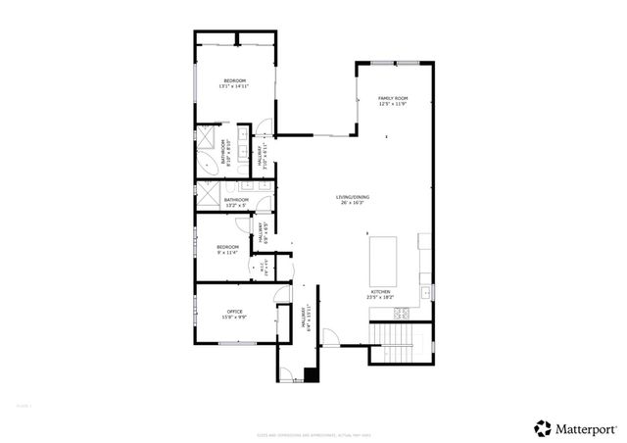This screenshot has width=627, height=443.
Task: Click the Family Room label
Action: (x=392, y=98)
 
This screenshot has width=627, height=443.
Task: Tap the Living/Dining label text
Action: (x=350, y=198)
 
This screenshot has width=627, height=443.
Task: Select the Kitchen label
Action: (x=380, y=291)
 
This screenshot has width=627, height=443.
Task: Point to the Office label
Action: (x=235, y=311)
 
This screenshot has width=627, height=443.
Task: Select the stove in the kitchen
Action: (x=401, y=314)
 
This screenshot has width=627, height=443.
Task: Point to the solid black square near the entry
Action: (x=311, y=373)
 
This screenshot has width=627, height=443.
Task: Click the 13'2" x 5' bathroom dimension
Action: (x=236, y=206)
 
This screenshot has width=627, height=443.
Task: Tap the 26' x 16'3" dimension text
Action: (x=350, y=204)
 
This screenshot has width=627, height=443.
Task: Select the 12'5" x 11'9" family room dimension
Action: (x=392, y=104)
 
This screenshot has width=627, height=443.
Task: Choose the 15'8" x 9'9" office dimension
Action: (x=235, y=317)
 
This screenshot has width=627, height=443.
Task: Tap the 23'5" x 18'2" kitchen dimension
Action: (x=380, y=297)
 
